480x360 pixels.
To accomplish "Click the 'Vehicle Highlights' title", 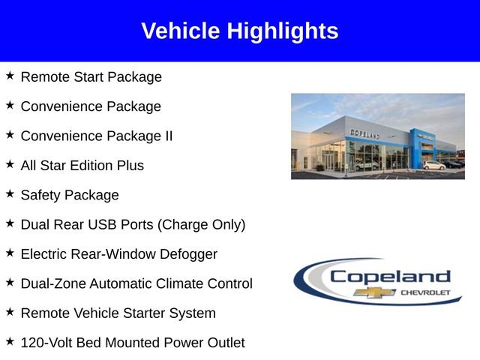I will pyautogui.click(x=240, y=31).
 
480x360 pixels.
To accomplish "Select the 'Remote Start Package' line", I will pyautogui.click(x=91, y=76).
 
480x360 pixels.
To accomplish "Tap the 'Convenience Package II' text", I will pyautogui.click(x=97, y=136).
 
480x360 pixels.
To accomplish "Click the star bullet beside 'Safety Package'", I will pyautogui.click(x=10, y=193).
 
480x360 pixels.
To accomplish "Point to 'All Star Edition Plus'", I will pyautogui.click(x=82, y=165).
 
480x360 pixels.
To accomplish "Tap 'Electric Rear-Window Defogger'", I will pyautogui.click(x=118, y=254).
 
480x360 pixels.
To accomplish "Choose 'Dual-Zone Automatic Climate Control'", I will pyautogui.click(x=136, y=283).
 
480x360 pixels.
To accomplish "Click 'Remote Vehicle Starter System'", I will pyautogui.click(x=118, y=313).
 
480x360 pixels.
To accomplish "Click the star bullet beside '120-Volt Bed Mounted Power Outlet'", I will pyautogui.click(x=10, y=341).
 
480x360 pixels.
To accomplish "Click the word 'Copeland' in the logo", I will pyautogui.click(x=390, y=277).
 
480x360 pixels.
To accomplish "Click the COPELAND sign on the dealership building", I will pyautogui.click(x=364, y=133).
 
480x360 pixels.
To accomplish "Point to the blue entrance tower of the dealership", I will pyautogui.click(x=417, y=146).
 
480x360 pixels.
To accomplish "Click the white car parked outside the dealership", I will pyautogui.click(x=433, y=165).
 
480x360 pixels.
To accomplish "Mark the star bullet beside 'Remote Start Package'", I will pyautogui.click(x=10, y=75).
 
